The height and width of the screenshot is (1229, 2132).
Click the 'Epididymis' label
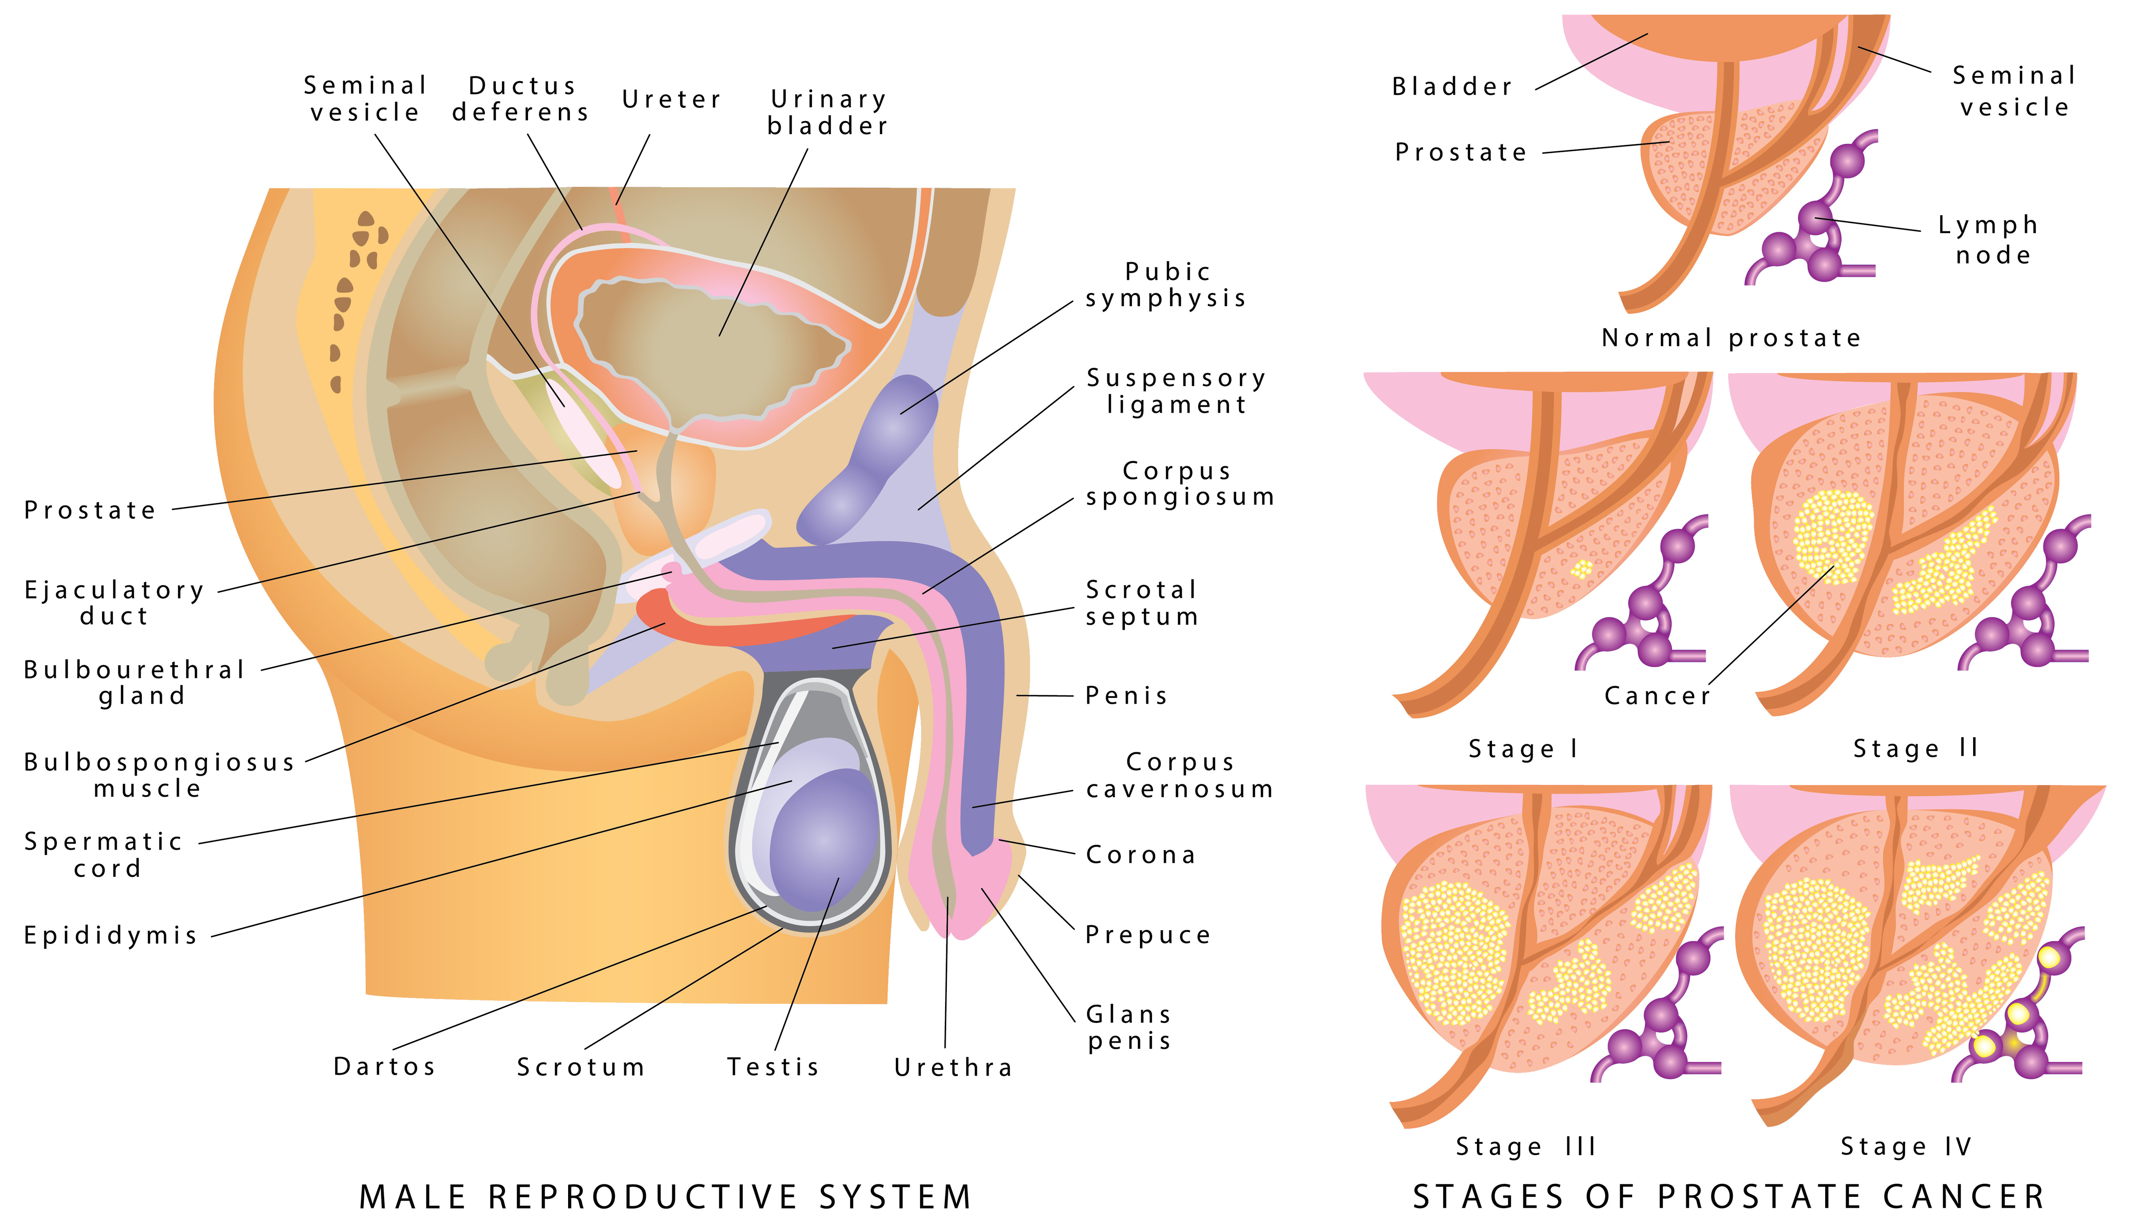click(x=111, y=935)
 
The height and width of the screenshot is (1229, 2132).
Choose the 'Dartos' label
click(x=385, y=1067)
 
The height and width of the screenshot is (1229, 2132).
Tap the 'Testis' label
click(x=773, y=1067)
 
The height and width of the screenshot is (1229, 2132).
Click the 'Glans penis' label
click(x=1129, y=1027)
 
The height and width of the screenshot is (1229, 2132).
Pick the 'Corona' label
click(x=1141, y=855)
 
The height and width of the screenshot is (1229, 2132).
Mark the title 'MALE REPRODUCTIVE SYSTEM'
click(x=666, y=1197)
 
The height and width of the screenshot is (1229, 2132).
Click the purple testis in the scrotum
click(x=823, y=840)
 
